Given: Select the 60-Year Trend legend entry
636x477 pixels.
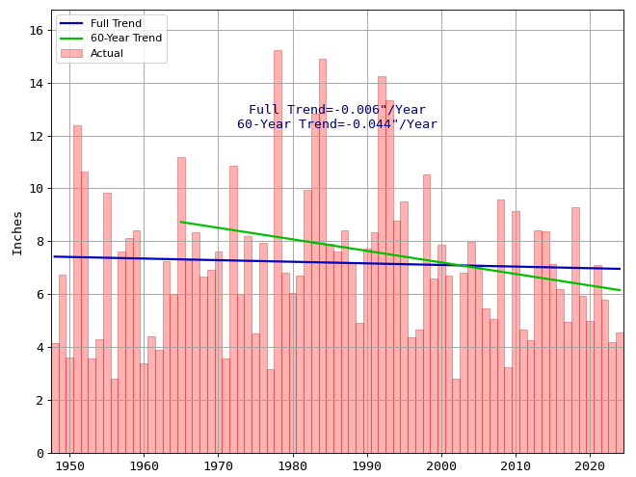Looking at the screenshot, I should point(124,39).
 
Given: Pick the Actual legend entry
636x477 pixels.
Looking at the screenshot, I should point(106,54).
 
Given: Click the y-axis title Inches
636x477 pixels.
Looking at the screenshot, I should point(17,232).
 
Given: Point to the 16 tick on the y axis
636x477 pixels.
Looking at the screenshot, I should point(36,31).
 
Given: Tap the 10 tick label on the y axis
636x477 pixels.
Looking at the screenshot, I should point(36,189).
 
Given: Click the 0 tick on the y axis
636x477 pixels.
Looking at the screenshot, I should point(40,453).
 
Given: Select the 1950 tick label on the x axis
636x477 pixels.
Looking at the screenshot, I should point(69,466).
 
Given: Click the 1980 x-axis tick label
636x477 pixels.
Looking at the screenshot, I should point(292,466).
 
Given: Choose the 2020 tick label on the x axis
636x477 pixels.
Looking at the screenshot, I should point(590,466).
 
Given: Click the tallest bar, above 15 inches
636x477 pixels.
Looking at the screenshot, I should point(278,251).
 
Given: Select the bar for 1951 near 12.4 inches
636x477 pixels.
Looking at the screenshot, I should point(77,289).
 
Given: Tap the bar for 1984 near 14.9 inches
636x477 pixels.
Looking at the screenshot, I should point(322,255).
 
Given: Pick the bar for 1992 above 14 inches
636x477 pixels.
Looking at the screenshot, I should point(382,265).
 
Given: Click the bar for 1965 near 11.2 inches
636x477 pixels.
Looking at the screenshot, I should point(181,305).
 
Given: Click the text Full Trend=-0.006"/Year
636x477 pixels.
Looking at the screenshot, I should point(337,110).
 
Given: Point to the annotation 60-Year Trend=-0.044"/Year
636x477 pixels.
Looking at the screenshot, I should point(337,124).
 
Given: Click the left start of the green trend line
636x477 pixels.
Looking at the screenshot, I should point(181,222).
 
